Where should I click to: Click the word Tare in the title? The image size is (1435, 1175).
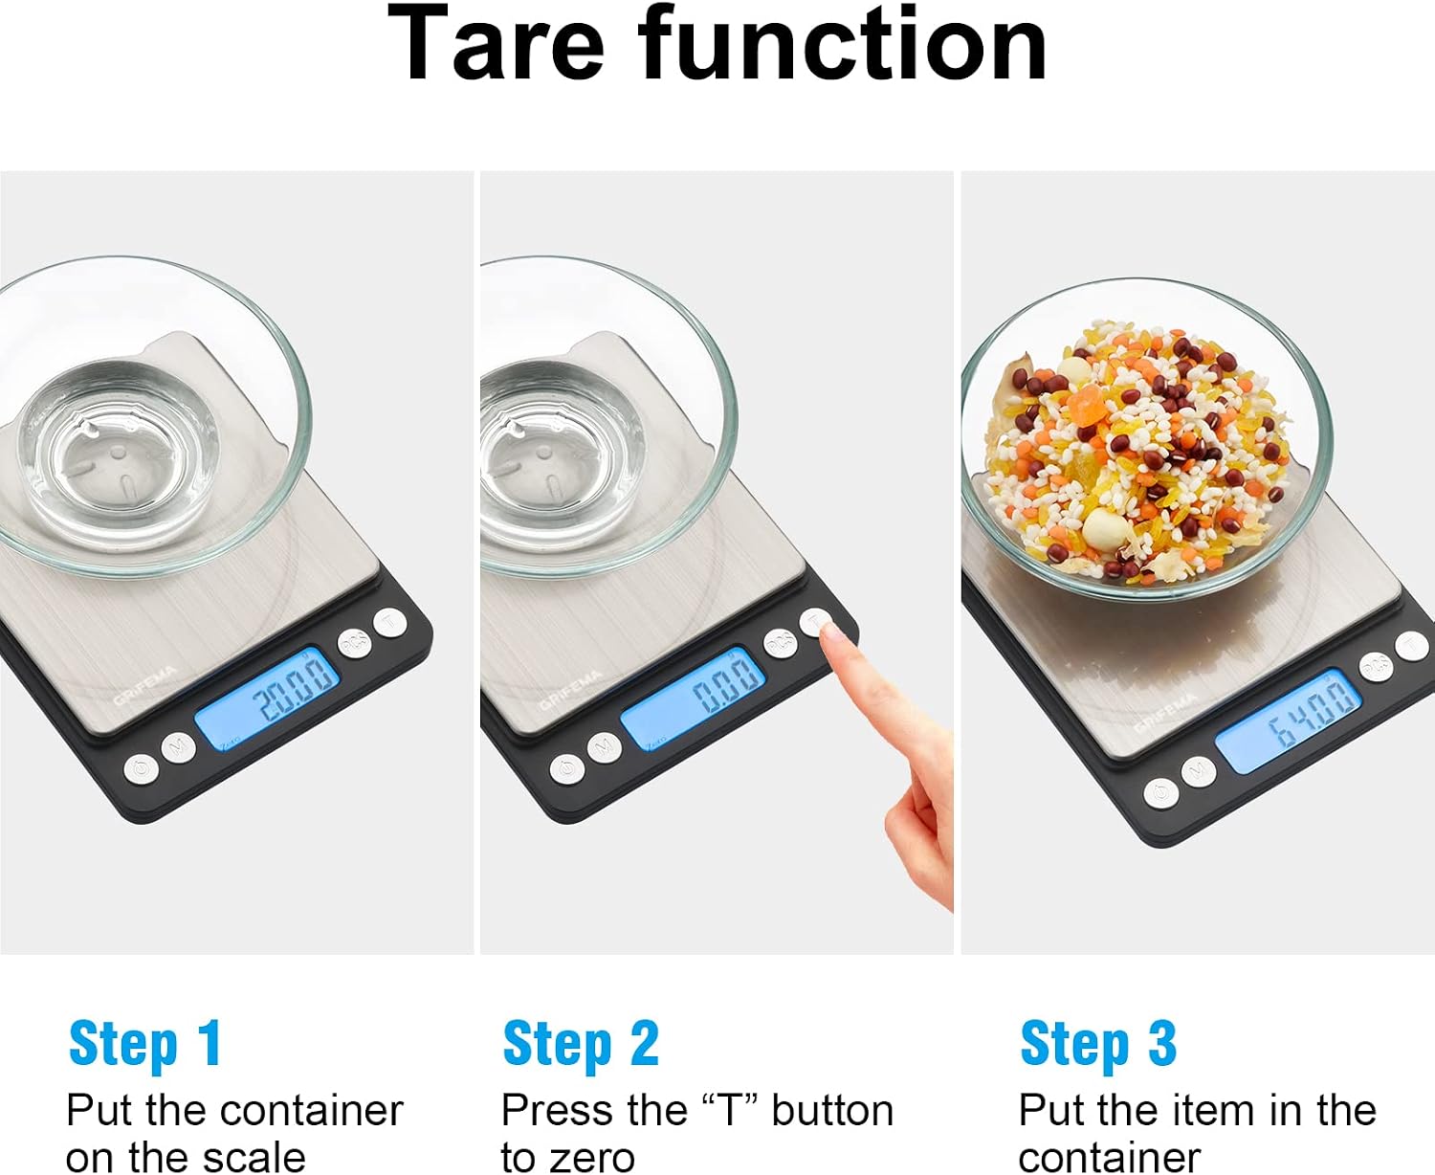(x=496, y=44)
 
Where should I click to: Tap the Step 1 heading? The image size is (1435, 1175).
(x=144, y=1044)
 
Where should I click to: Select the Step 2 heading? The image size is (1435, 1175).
(x=581, y=1044)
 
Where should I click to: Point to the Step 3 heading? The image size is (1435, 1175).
(x=1098, y=1044)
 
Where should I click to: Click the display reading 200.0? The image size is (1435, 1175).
(x=267, y=698)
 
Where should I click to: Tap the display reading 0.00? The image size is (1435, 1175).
(x=693, y=698)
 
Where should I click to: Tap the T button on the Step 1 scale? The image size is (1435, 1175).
(x=390, y=622)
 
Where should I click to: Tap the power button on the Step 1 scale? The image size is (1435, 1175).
(x=142, y=769)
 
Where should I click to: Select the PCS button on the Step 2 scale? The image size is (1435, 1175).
(x=780, y=642)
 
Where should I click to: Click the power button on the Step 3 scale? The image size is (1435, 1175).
(x=1160, y=792)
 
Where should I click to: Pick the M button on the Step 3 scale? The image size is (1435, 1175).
(x=1198, y=771)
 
